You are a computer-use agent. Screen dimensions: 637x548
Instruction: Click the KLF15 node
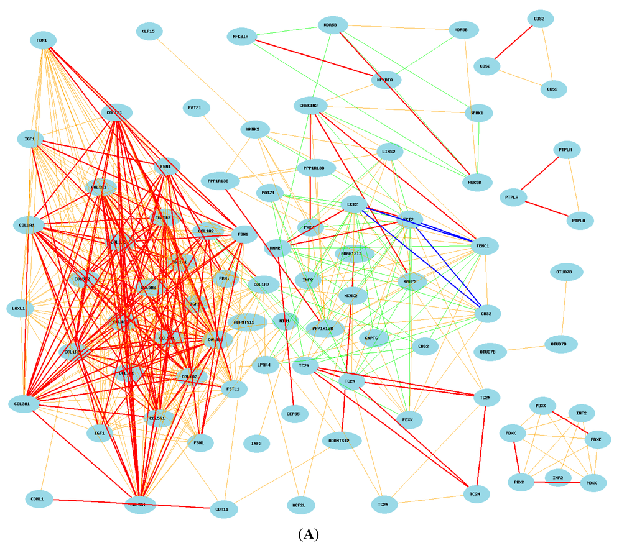click(x=149, y=31)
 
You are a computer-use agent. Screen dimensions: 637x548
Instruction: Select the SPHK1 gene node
click(x=478, y=113)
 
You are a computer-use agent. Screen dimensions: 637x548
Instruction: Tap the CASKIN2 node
click(x=309, y=106)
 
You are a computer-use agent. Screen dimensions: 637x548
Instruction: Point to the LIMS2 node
click(x=390, y=151)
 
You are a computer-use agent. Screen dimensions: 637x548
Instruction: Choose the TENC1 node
click(x=483, y=246)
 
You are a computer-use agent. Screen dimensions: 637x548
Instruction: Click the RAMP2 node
click(x=411, y=281)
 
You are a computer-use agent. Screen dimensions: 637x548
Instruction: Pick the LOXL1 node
click(x=19, y=308)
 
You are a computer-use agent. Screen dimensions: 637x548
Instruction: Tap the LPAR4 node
click(x=264, y=365)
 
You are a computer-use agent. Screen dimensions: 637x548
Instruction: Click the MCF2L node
click(x=299, y=505)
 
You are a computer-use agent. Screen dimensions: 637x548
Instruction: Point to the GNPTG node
click(x=374, y=338)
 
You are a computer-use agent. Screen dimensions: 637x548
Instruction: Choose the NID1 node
click(x=285, y=322)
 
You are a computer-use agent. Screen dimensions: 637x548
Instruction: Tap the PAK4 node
click(x=310, y=228)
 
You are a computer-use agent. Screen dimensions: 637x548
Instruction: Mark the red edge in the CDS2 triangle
click(x=513, y=42)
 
